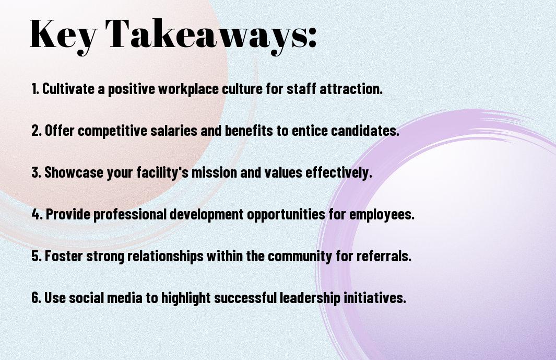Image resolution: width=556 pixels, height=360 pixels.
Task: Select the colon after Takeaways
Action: [312, 37]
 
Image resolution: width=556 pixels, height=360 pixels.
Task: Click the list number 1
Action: [35, 89]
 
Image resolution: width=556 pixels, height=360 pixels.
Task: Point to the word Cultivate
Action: [68, 89]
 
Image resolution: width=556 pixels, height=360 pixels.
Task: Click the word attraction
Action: [351, 89]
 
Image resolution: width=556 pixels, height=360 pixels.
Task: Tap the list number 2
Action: [37, 131]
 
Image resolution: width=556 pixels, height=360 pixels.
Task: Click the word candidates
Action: [365, 131]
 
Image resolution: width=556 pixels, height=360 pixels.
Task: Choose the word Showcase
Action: [74, 172]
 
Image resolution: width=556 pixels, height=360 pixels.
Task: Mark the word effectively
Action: [339, 173]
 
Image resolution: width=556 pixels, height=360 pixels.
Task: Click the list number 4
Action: [37, 214]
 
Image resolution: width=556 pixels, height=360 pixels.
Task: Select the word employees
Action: [382, 215]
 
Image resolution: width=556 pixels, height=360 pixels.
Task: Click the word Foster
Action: [64, 256]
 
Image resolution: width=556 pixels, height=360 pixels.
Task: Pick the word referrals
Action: [384, 256]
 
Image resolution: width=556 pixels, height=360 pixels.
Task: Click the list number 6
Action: [37, 297]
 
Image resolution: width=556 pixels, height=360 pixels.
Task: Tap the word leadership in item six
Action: [310, 298]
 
